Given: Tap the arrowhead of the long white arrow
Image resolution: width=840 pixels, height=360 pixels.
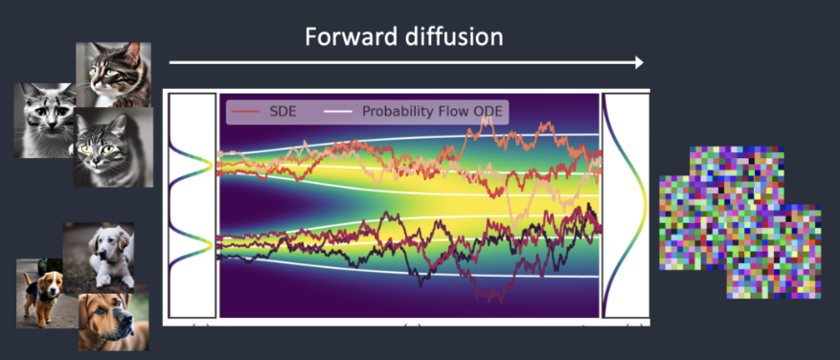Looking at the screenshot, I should (x=638, y=62).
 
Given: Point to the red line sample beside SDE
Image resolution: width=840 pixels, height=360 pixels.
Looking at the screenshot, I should (x=246, y=112).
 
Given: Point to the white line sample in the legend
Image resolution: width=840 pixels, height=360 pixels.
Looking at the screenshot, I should (x=338, y=112).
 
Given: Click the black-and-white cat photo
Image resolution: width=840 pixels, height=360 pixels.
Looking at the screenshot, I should (x=42, y=120).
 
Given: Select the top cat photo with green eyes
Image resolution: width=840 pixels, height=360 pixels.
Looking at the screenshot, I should (x=119, y=73).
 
